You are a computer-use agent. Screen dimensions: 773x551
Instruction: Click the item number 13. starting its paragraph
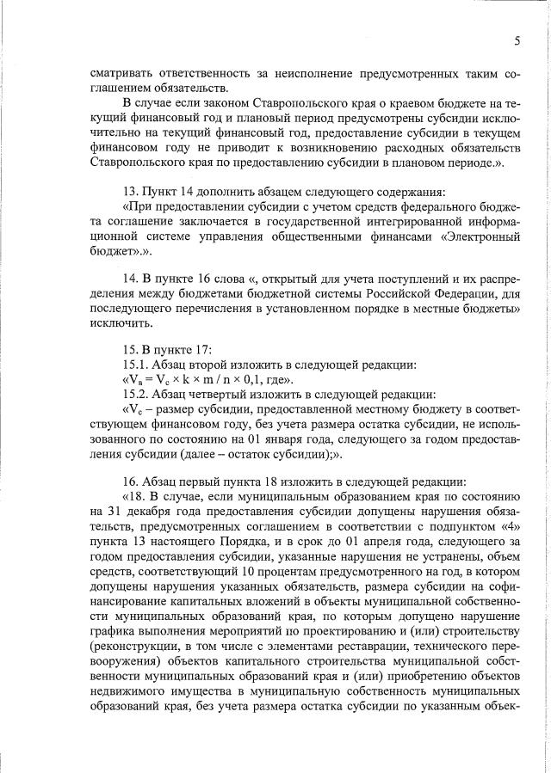(x=133, y=191)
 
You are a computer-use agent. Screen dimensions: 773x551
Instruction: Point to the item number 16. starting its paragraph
(x=133, y=482)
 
